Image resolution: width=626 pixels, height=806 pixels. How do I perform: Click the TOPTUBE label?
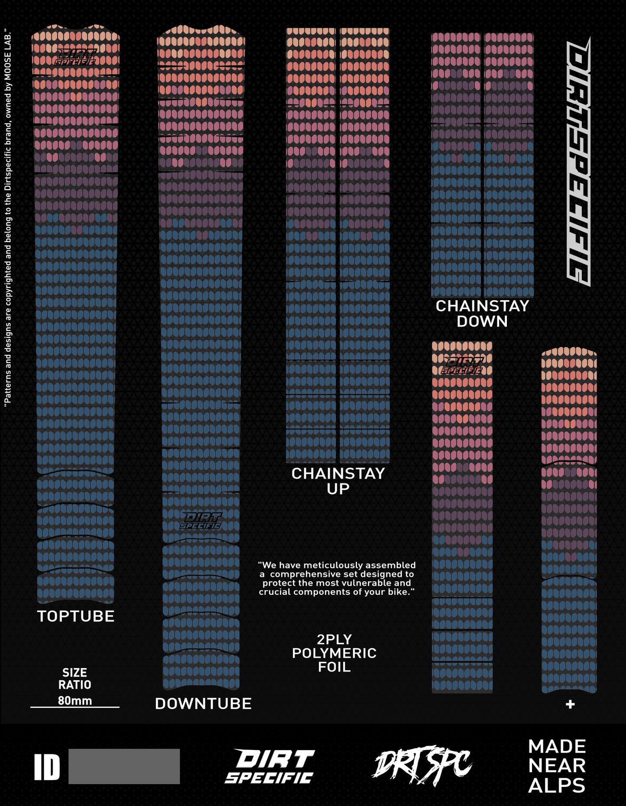[76, 616]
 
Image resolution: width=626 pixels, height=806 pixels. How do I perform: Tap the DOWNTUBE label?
[203, 704]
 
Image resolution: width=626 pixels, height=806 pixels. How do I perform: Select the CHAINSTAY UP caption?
[338, 481]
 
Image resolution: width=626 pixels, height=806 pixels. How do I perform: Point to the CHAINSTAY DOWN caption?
[482, 313]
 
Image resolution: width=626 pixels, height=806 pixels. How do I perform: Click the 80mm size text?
[75, 701]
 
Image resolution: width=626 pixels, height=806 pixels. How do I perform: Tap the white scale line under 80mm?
[75, 708]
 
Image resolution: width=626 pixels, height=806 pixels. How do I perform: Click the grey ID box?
[124, 766]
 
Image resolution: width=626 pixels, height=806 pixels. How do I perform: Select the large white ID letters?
[47, 767]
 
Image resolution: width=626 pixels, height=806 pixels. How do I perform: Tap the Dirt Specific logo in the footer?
[270, 766]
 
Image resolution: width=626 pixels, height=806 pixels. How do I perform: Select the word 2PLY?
[334, 639]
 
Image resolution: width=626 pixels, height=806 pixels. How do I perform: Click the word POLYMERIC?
[334, 653]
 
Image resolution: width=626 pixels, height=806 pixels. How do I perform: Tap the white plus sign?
[570, 704]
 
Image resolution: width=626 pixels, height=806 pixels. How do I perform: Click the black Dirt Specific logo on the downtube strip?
[201, 521]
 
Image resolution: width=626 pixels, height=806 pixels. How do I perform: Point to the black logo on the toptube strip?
[75, 56]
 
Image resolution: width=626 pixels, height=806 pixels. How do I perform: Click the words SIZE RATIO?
[75, 679]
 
